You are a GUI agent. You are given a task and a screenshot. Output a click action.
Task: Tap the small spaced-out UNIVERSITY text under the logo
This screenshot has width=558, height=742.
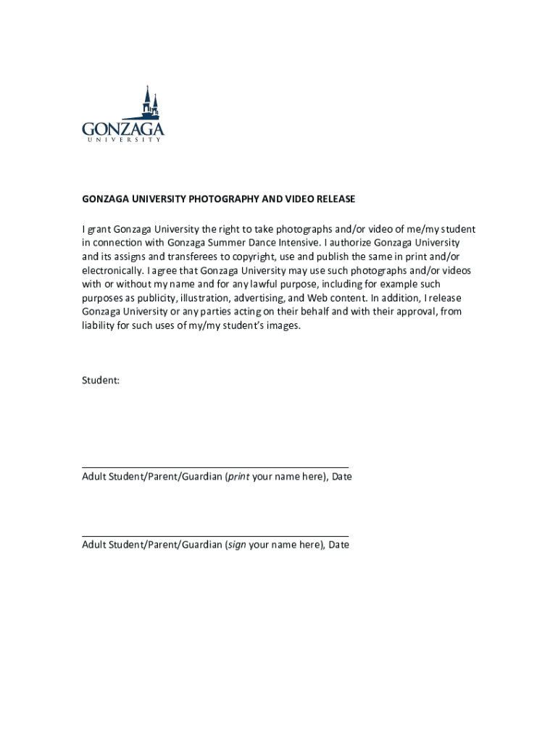123,141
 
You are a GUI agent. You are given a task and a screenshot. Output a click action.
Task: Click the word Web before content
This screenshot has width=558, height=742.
318,298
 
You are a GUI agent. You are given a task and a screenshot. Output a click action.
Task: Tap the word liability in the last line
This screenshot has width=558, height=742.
97,325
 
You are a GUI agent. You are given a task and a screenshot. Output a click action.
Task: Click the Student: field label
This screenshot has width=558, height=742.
101,380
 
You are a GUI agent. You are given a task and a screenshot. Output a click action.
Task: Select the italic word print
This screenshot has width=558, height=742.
239,477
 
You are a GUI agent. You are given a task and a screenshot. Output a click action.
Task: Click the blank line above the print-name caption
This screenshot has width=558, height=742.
215,468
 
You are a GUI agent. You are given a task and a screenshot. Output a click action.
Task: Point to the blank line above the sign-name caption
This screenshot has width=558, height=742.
215,536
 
